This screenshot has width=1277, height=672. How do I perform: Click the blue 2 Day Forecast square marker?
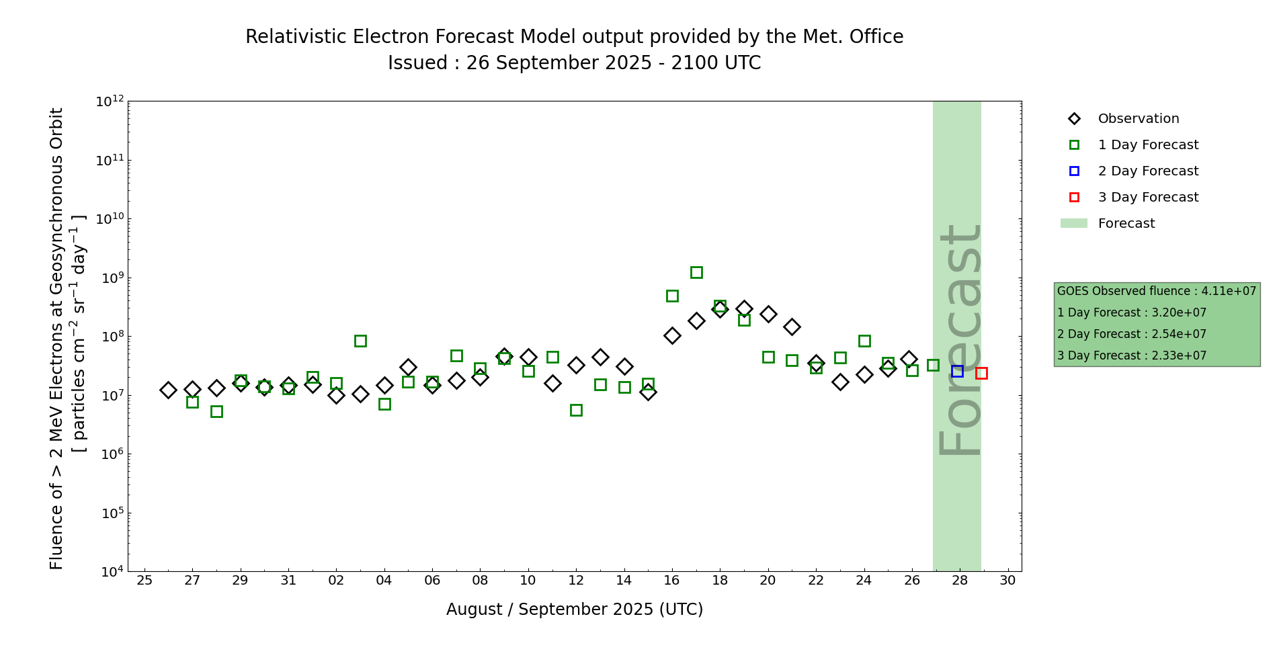coord(957,371)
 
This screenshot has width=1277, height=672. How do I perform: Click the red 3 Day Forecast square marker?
coord(981,373)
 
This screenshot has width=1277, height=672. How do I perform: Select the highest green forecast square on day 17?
coord(696,272)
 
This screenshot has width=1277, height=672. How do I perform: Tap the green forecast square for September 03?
coord(360,341)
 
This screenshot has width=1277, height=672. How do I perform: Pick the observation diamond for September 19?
coord(744,309)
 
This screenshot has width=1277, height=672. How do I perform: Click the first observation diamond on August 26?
coord(168,390)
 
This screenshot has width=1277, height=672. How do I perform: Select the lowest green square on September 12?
coord(576,410)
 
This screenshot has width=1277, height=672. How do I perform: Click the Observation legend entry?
coord(1138,119)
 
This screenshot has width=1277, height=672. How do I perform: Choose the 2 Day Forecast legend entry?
coord(1147,171)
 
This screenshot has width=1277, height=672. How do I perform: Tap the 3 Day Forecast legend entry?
coord(1147,198)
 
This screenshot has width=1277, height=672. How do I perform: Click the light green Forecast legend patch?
coord(1074,223)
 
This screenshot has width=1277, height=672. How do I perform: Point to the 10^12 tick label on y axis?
coord(110,102)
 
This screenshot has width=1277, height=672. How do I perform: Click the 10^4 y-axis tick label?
coord(110,572)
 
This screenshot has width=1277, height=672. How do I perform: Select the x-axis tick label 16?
coord(672,581)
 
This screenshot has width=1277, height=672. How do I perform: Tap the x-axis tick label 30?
coord(1007,581)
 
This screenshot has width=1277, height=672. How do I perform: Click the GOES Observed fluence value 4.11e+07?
coord(1229,291)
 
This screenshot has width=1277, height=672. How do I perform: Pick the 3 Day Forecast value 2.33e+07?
coord(1179,355)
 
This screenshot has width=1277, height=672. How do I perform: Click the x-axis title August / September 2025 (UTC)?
coord(575,610)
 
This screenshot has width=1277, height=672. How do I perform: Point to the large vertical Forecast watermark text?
coord(958,339)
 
